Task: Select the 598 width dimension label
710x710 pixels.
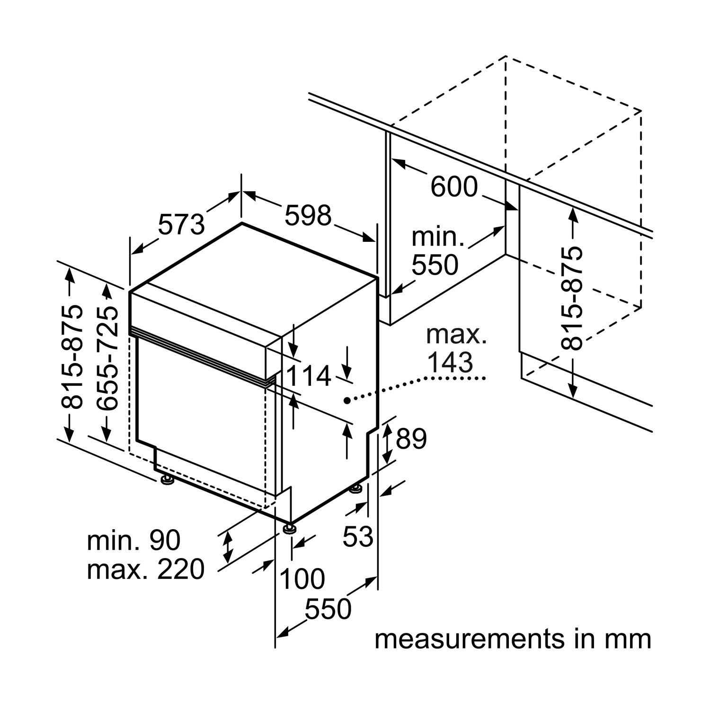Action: [x=308, y=215]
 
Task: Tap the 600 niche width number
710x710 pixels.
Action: [x=454, y=186]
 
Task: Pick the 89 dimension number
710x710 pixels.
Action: [x=411, y=438]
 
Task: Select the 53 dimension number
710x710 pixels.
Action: [x=358, y=537]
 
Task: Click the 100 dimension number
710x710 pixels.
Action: [x=302, y=578]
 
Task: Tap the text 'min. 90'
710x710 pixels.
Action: [x=133, y=540]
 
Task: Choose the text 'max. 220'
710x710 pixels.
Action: [x=145, y=569]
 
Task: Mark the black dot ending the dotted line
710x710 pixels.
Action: [x=347, y=400]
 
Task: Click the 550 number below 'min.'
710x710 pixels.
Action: [x=435, y=265]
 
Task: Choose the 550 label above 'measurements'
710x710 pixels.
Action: [x=328, y=609]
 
